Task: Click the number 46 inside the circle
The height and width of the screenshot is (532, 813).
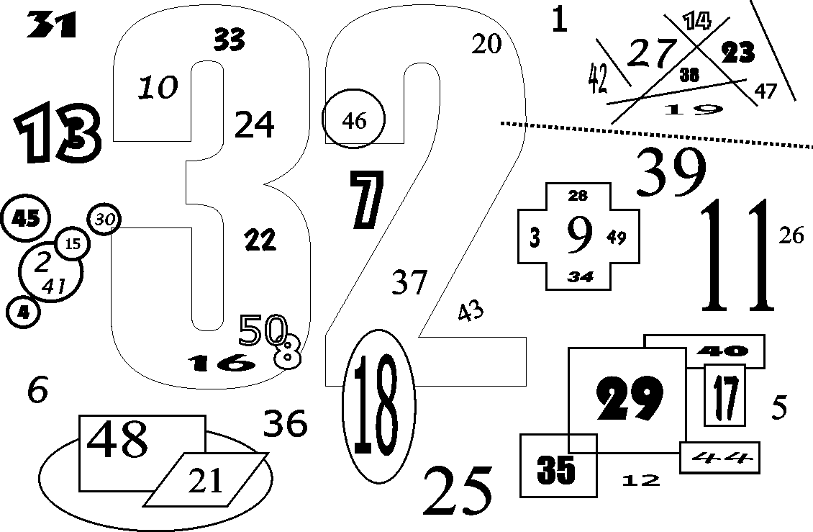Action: [x=354, y=121]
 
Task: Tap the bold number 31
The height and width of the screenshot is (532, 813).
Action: [x=51, y=25]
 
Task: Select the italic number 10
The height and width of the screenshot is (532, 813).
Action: [x=158, y=87]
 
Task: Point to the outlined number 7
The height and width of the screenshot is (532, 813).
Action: [x=367, y=200]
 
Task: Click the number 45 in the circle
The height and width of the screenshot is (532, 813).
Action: [x=25, y=219]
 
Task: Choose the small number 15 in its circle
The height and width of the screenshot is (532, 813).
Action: [x=73, y=243]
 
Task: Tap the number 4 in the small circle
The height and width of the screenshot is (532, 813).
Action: [x=23, y=312]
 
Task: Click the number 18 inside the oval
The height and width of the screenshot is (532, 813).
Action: [x=378, y=405]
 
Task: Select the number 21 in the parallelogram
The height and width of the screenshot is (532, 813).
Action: [x=205, y=480]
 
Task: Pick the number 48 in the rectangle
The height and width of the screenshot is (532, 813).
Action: [x=117, y=439]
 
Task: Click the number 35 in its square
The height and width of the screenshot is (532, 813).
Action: [x=556, y=469]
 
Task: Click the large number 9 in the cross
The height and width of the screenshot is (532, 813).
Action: [x=579, y=235]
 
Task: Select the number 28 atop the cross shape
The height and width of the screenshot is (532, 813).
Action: [x=578, y=196]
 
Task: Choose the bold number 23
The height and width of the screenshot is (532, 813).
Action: [x=738, y=52]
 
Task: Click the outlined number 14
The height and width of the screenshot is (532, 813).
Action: [x=696, y=21]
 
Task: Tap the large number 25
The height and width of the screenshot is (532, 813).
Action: [x=458, y=490]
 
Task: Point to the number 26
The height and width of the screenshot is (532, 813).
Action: [x=791, y=235]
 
